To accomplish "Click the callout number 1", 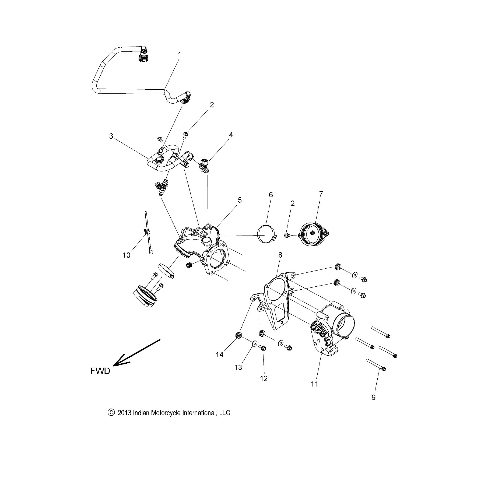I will click(x=180, y=54).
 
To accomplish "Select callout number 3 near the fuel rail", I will click(x=111, y=136).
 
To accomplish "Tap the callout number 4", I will click(x=231, y=135).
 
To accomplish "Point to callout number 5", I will click(x=240, y=200).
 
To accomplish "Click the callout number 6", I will click(x=271, y=195).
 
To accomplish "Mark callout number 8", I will click(x=280, y=255).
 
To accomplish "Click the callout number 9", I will click(x=373, y=397).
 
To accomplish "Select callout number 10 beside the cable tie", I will click(x=126, y=255).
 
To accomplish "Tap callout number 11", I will click(x=314, y=384).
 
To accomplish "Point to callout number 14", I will click(x=220, y=355).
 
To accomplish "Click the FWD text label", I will click(x=100, y=371).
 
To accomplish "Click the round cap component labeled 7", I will click(x=312, y=234).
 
